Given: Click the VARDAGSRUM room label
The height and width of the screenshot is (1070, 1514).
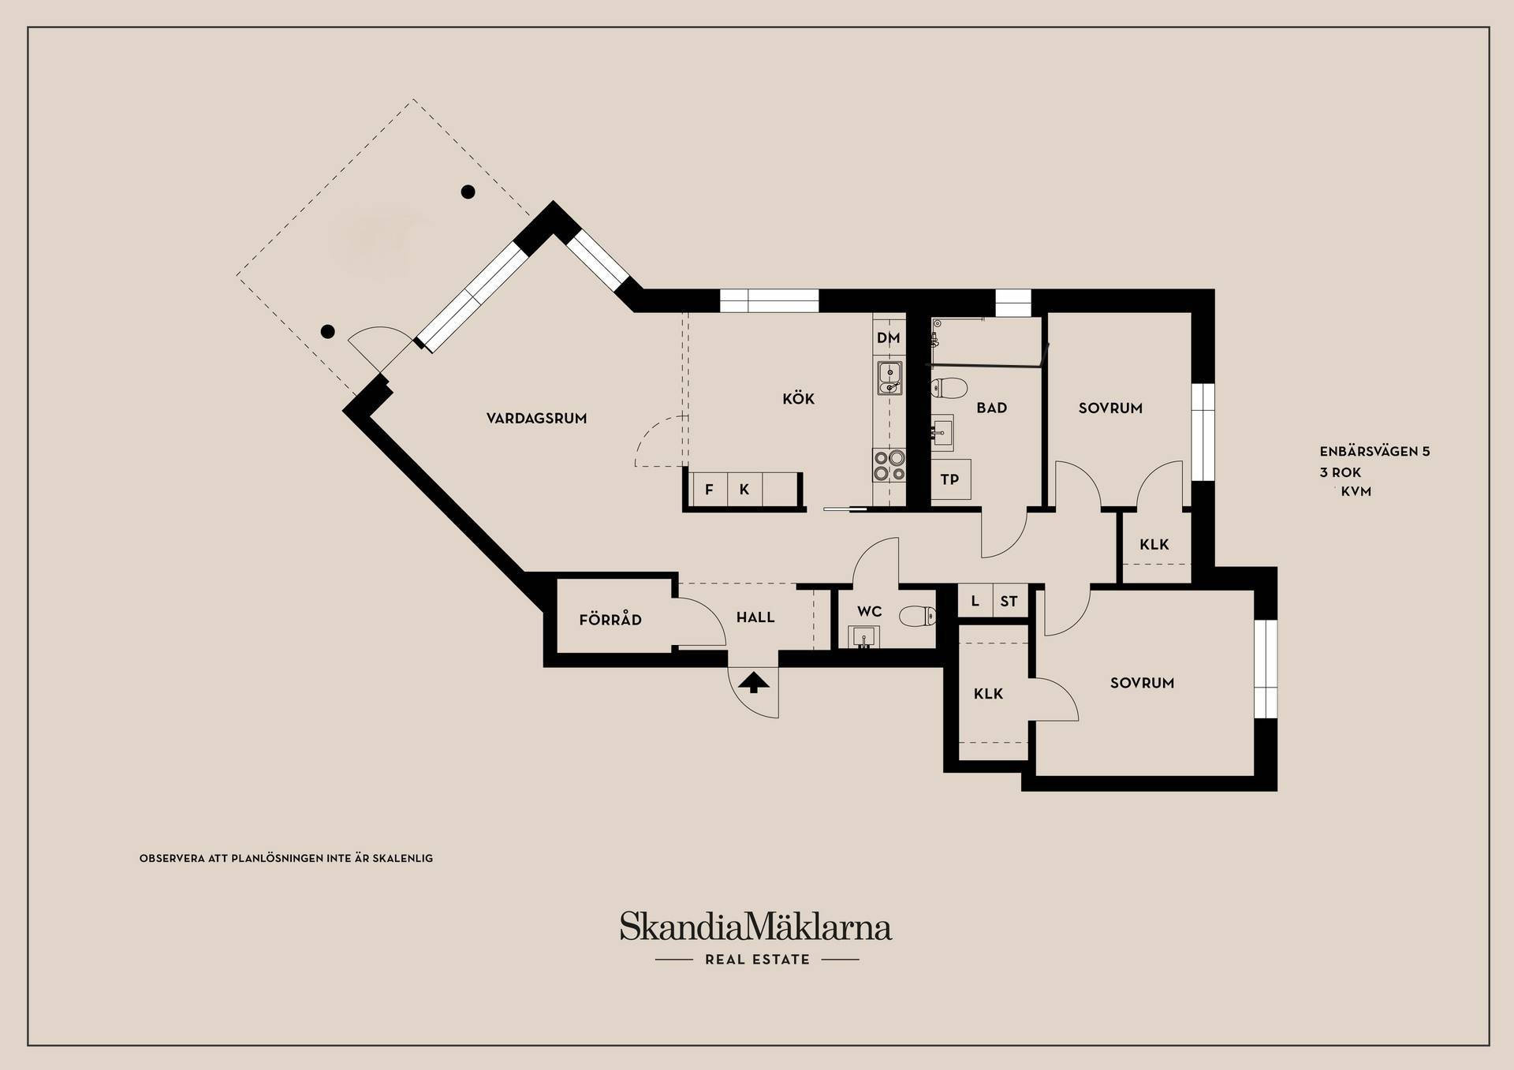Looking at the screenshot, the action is pos(536,419).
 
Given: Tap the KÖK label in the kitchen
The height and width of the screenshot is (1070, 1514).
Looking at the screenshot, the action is pos(798,398).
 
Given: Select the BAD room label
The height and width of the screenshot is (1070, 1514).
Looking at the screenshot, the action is pos(991,408).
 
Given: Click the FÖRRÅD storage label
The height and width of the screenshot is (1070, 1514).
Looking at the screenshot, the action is pos(610,620).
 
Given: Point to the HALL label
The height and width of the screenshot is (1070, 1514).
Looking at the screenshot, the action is pos(755,617).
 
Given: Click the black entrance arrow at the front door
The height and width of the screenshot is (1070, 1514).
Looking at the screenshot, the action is pos(754,682).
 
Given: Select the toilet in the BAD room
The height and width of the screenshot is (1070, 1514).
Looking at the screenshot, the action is pos(949,387).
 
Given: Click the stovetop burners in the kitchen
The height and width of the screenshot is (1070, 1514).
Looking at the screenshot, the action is pos(889,465).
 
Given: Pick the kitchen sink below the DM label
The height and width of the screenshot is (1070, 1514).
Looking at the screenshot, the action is pos(889,378).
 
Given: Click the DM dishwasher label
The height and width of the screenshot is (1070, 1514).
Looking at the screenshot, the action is pos(889,338).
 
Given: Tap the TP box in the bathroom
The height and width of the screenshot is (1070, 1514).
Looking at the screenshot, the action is pos(950,479).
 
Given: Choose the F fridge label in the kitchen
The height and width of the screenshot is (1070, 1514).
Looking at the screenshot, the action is pos(709,490).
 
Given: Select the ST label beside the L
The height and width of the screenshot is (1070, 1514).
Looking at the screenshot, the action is pos(1009,601).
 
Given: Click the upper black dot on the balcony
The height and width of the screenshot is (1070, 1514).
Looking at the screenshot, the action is pos(468,192).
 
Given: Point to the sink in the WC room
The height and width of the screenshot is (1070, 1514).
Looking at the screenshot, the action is pos(863,636).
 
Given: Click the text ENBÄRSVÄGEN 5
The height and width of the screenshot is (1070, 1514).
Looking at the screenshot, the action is pos(1374,451).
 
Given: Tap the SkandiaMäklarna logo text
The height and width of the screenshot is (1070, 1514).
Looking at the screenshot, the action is pos(755,926).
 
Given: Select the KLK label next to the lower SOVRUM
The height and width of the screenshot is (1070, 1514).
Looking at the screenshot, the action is pos(988,694).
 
